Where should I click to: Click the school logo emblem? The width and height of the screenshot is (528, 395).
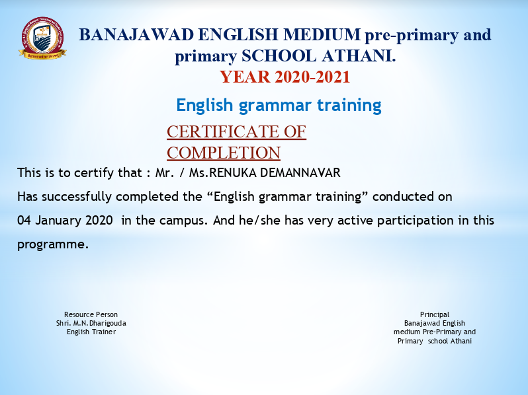coord(42,38)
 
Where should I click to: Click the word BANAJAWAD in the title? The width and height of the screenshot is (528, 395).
coord(136,34)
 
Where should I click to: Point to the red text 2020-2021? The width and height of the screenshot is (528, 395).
coord(312,77)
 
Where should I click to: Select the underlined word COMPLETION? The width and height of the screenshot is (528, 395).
coord(224,153)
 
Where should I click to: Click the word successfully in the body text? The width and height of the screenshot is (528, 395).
coord(77,197)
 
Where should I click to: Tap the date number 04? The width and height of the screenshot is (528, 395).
coord(24,221)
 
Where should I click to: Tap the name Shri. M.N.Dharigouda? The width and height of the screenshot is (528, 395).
coord(91,323)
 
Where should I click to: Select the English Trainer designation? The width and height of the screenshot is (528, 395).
coord(91,332)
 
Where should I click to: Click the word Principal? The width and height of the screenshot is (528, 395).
coord(435,314)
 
